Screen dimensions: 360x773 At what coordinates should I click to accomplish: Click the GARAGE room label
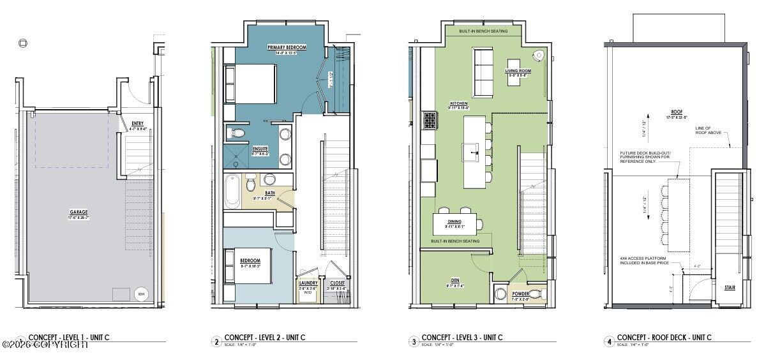79,212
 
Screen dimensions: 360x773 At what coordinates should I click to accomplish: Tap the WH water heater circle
141,294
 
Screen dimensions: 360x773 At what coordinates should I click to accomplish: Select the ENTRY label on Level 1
137,124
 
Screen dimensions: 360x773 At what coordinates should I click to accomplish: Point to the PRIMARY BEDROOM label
287,47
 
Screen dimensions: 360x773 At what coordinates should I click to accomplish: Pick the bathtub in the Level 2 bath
231,190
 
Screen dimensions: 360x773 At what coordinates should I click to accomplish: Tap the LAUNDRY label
308,283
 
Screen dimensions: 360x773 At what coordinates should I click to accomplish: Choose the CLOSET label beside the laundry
337,283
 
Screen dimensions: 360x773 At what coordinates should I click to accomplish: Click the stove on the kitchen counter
429,119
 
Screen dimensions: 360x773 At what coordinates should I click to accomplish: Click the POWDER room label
521,295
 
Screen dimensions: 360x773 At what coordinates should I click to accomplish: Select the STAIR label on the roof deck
730,287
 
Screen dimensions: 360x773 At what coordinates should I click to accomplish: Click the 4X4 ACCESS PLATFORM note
644,260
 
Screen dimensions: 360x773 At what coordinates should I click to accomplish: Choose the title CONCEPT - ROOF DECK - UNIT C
664,338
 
